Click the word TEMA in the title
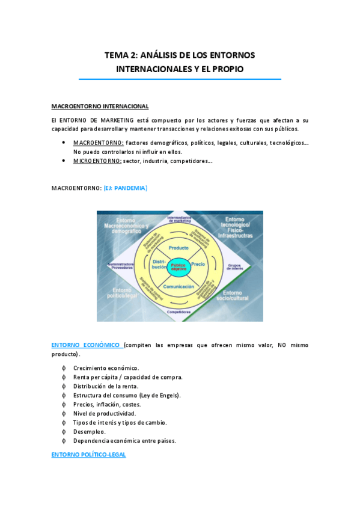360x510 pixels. tap(116, 55)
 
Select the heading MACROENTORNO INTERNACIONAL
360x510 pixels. tap(100, 106)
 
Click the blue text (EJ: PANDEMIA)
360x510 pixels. tap(125, 188)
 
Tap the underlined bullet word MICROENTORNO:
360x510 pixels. tap(97, 161)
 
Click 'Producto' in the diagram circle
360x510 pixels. tap(178, 248)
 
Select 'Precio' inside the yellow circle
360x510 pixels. tap(198, 265)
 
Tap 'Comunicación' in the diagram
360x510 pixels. tap(178, 287)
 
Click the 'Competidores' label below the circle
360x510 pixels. tap(178, 312)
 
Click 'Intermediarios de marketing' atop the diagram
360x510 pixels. tap(178, 218)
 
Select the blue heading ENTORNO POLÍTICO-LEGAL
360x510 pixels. tap(88, 455)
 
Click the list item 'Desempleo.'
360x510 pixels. tap(90, 431)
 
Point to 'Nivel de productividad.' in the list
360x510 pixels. tap(105, 413)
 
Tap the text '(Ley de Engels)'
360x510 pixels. tap(160, 395)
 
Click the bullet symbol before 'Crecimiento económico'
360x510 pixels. tap(64, 368)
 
